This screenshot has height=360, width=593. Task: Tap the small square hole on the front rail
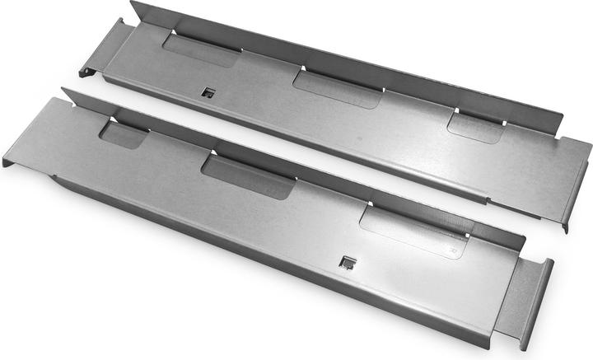(x=348, y=263)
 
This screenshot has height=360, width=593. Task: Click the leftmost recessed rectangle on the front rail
(x=124, y=134)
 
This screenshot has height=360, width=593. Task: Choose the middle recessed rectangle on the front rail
(x=248, y=176)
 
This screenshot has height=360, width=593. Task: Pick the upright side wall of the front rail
(x=288, y=157)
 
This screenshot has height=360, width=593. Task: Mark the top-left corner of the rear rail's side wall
(x=133, y=3)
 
